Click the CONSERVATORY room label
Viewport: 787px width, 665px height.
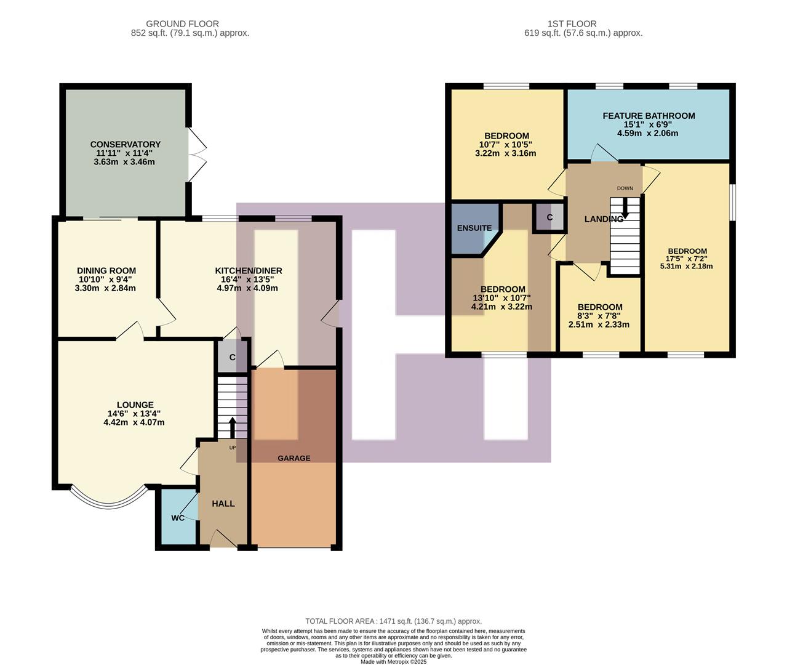[x=125, y=145]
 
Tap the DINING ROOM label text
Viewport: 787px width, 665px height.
[x=106, y=271]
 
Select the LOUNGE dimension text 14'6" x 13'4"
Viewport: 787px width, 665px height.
[x=134, y=414]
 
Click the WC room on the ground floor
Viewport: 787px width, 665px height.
[x=178, y=518]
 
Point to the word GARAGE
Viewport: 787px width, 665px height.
[x=294, y=458]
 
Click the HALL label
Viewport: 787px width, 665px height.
[x=223, y=504]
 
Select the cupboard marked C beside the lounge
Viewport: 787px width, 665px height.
[x=232, y=357]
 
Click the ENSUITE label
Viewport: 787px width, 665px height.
[x=474, y=228]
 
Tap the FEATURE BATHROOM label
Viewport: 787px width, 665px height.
[x=649, y=116]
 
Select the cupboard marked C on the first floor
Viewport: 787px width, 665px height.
[x=549, y=217]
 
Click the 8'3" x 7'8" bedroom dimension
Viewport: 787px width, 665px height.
[x=599, y=316]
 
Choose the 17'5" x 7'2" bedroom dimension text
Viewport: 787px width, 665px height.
[x=687, y=259]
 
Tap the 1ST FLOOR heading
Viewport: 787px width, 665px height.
[x=572, y=24]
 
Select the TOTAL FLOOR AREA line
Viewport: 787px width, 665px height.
[x=393, y=621]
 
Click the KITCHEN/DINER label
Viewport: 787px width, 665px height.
[x=248, y=271]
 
